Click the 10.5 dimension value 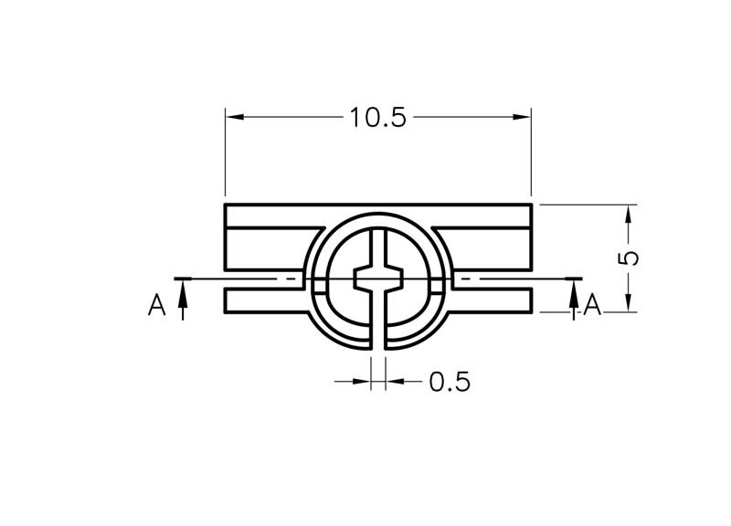click(x=377, y=118)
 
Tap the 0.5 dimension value click(x=450, y=382)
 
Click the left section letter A click(x=156, y=305)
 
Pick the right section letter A click(x=592, y=305)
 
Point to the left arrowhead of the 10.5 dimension click(x=235, y=117)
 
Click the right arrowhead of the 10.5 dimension click(x=522, y=117)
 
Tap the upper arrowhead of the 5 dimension click(x=629, y=214)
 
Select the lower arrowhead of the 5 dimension click(x=629, y=302)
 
